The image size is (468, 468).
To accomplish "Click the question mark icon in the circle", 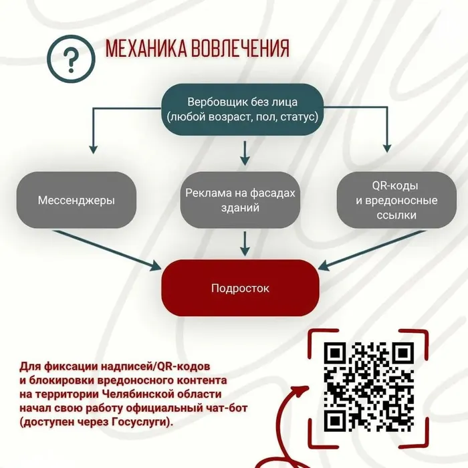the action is (x=71, y=59).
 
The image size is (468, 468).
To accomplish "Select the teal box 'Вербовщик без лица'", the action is (x=243, y=110).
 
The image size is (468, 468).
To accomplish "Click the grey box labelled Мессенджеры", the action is (x=76, y=200).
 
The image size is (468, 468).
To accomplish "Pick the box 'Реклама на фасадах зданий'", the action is (x=240, y=200).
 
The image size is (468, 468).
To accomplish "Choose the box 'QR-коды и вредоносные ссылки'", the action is (x=396, y=200).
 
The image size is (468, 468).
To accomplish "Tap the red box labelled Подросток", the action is (x=240, y=287).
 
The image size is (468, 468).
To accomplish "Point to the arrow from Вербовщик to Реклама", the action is (x=245, y=153).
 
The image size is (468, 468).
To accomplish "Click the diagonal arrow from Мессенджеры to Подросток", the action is (x=107, y=250).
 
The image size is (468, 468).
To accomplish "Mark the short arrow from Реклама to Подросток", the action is (x=245, y=243).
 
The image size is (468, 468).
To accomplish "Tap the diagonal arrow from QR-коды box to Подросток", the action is (x=372, y=250).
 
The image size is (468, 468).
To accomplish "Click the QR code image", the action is (x=368, y=387).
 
